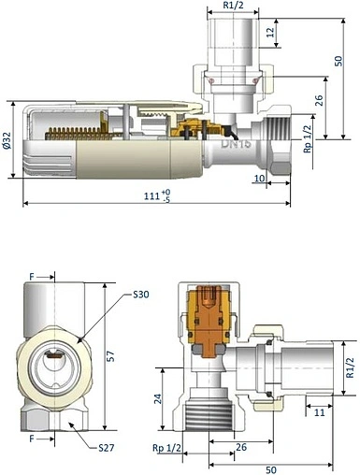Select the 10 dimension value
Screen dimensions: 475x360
click(257, 179)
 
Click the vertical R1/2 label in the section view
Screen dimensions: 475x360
click(351, 359)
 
